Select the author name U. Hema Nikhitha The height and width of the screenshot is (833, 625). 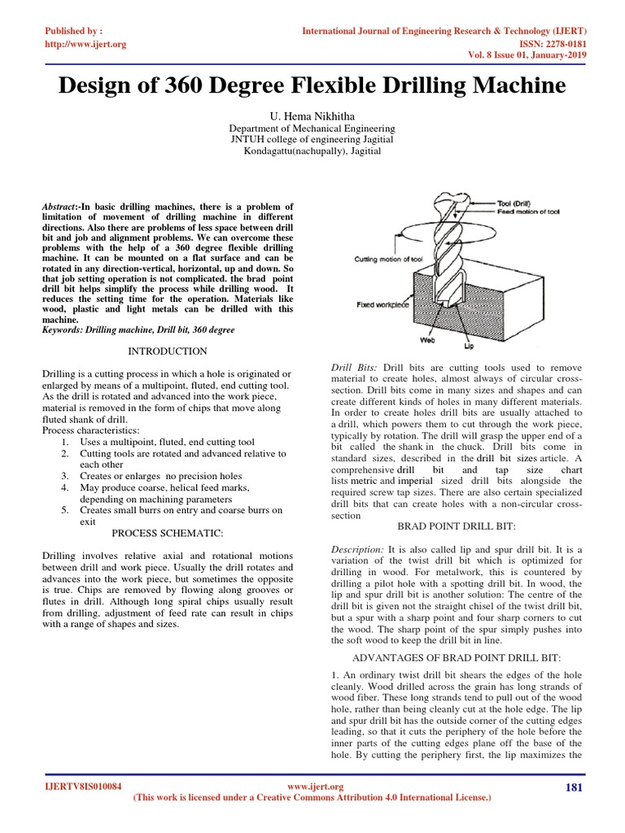pyautogui.click(x=312, y=116)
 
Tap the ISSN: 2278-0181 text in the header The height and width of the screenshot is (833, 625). pyautogui.click(x=545, y=44)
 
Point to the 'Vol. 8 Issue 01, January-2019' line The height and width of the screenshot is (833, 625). pyautogui.click(x=522, y=56)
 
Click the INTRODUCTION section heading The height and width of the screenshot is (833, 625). pyautogui.click(x=168, y=351)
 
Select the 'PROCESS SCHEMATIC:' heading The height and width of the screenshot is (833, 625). pyautogui.click(x=168, y=532)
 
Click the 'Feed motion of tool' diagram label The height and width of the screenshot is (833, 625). pyautogui.click(x=529, y=211)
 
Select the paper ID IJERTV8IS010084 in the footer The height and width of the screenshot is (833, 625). pyautogui.click(x=82, y=787)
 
